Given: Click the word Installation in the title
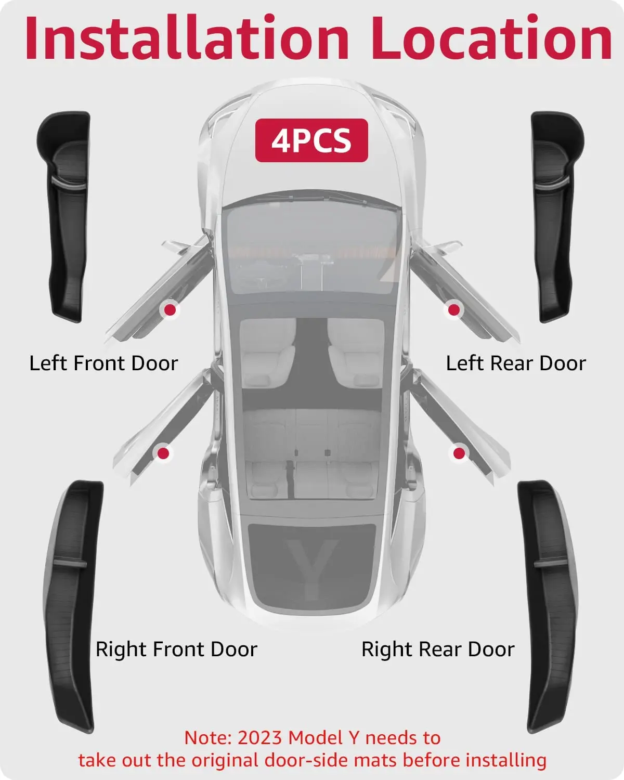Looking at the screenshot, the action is tap(186, 37).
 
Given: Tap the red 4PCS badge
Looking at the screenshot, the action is tap(311, 140).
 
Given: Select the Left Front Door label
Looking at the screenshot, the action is tap(103, 363).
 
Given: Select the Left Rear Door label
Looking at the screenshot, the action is tap(516, 363).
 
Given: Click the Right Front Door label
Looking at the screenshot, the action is tap(177, 649).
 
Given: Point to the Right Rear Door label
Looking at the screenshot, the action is tap(438, 649).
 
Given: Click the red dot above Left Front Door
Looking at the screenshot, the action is tap(170, 310).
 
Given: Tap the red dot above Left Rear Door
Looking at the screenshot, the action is tap(454, 310).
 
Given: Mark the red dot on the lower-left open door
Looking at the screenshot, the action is tap(163, 453).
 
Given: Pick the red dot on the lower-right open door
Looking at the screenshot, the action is tap(459, 453).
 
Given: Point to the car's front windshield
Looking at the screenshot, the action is tap(312, 250).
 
